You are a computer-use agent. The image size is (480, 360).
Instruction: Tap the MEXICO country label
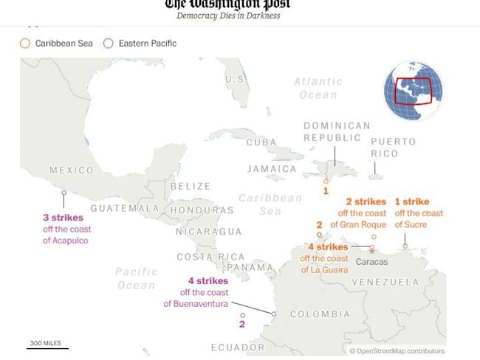[x=71, y=170]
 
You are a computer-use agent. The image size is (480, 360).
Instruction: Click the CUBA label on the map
[x=261, y=142]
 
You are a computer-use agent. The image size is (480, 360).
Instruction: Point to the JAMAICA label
[x=272, y=169]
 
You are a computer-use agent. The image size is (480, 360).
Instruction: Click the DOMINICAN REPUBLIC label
[x=336, y=131]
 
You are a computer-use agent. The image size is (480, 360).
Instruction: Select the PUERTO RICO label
[x=394, y=147]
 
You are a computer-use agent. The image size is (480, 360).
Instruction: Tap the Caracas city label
[x=372, y=262]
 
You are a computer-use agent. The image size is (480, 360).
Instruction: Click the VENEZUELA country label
[x=385, y=283]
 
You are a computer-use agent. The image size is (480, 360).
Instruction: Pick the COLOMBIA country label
[x=320, y=314]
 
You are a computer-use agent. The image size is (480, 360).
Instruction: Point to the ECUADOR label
[x=237, y=347]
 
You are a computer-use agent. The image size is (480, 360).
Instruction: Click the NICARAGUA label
[x=208, y=232]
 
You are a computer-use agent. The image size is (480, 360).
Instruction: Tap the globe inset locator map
[x=413, y=92]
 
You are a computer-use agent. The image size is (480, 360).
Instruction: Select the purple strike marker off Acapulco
[x=64, y=193]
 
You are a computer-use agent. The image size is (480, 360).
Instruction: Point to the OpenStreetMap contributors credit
[x=397, y=351]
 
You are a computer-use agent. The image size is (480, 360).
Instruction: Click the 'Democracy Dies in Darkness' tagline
[x=228, y=15]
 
